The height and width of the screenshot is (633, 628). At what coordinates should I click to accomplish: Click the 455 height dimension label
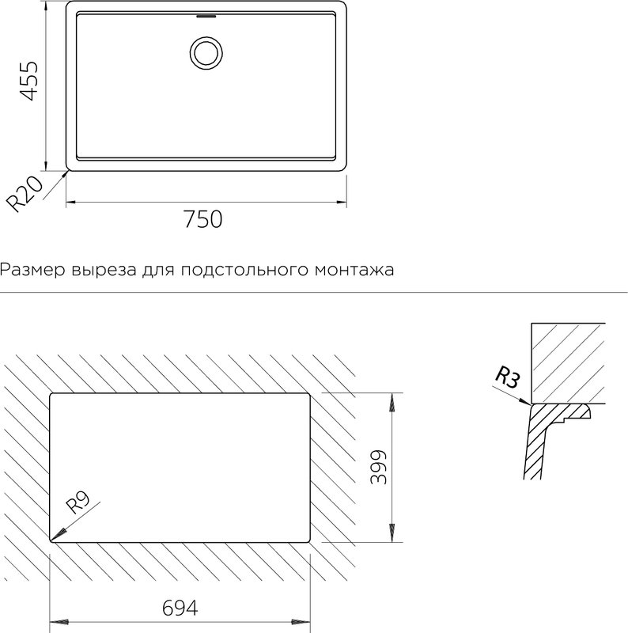point(29,81)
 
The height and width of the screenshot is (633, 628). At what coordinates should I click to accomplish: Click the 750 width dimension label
point(203,219)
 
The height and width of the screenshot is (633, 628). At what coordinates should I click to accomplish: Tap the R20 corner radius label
point(25,194)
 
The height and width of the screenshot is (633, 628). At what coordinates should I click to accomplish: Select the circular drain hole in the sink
point(206,53)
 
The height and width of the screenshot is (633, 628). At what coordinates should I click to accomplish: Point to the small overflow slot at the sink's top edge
point(206,17)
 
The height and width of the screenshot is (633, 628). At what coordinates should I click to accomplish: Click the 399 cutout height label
point(379,467)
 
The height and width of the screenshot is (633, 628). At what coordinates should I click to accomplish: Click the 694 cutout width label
point(180,608)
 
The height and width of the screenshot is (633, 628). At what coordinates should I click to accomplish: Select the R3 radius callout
point(507,377)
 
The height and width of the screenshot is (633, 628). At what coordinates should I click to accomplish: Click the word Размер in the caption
point(32,270)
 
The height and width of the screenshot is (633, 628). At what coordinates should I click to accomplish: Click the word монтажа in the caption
point(354,270)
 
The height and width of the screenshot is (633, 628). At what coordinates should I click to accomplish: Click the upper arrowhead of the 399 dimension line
point(391,403)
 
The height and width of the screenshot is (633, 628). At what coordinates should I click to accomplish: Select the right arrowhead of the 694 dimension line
point(301,622)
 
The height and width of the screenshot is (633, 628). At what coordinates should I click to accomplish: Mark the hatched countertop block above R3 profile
point(568,363)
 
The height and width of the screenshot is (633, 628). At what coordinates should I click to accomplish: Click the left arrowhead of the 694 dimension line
point(59,622)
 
